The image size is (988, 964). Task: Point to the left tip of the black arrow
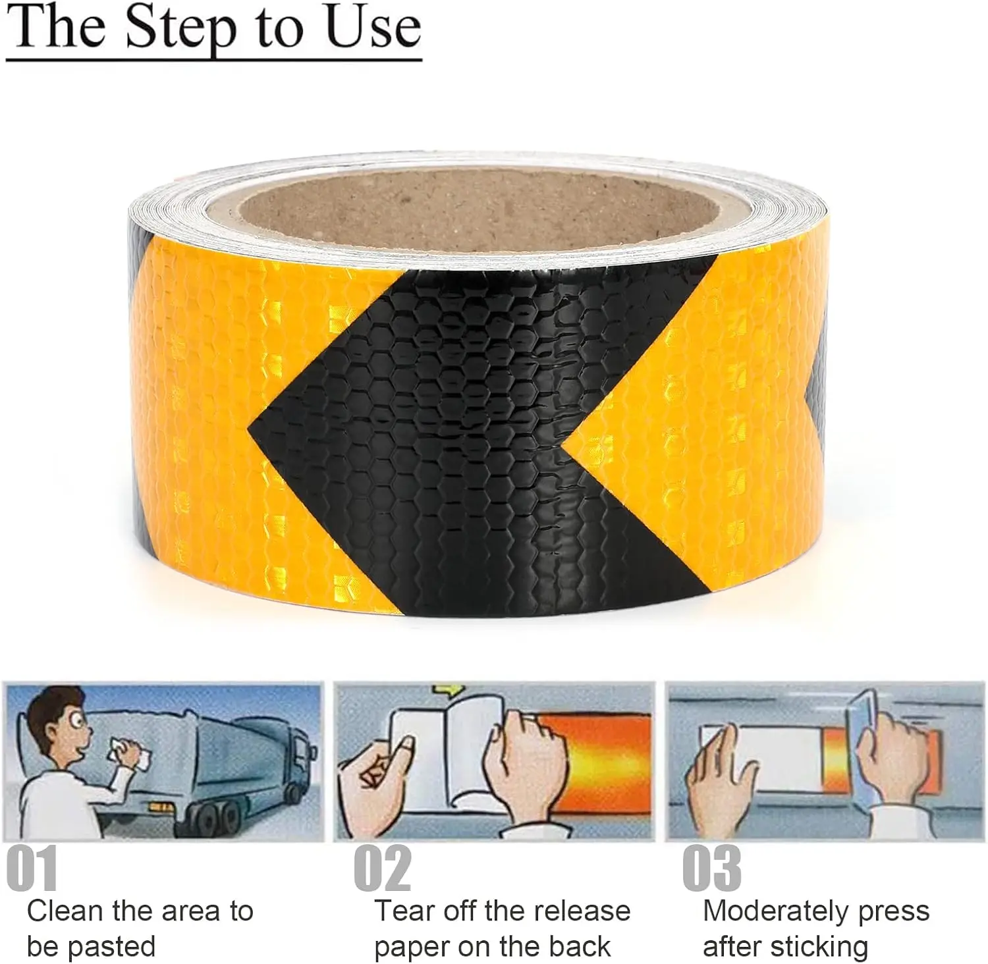click(251, 432)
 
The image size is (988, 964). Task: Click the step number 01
click(32, 869)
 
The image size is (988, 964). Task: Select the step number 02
click(382, 869)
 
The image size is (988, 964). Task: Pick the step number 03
click(711, 869)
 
